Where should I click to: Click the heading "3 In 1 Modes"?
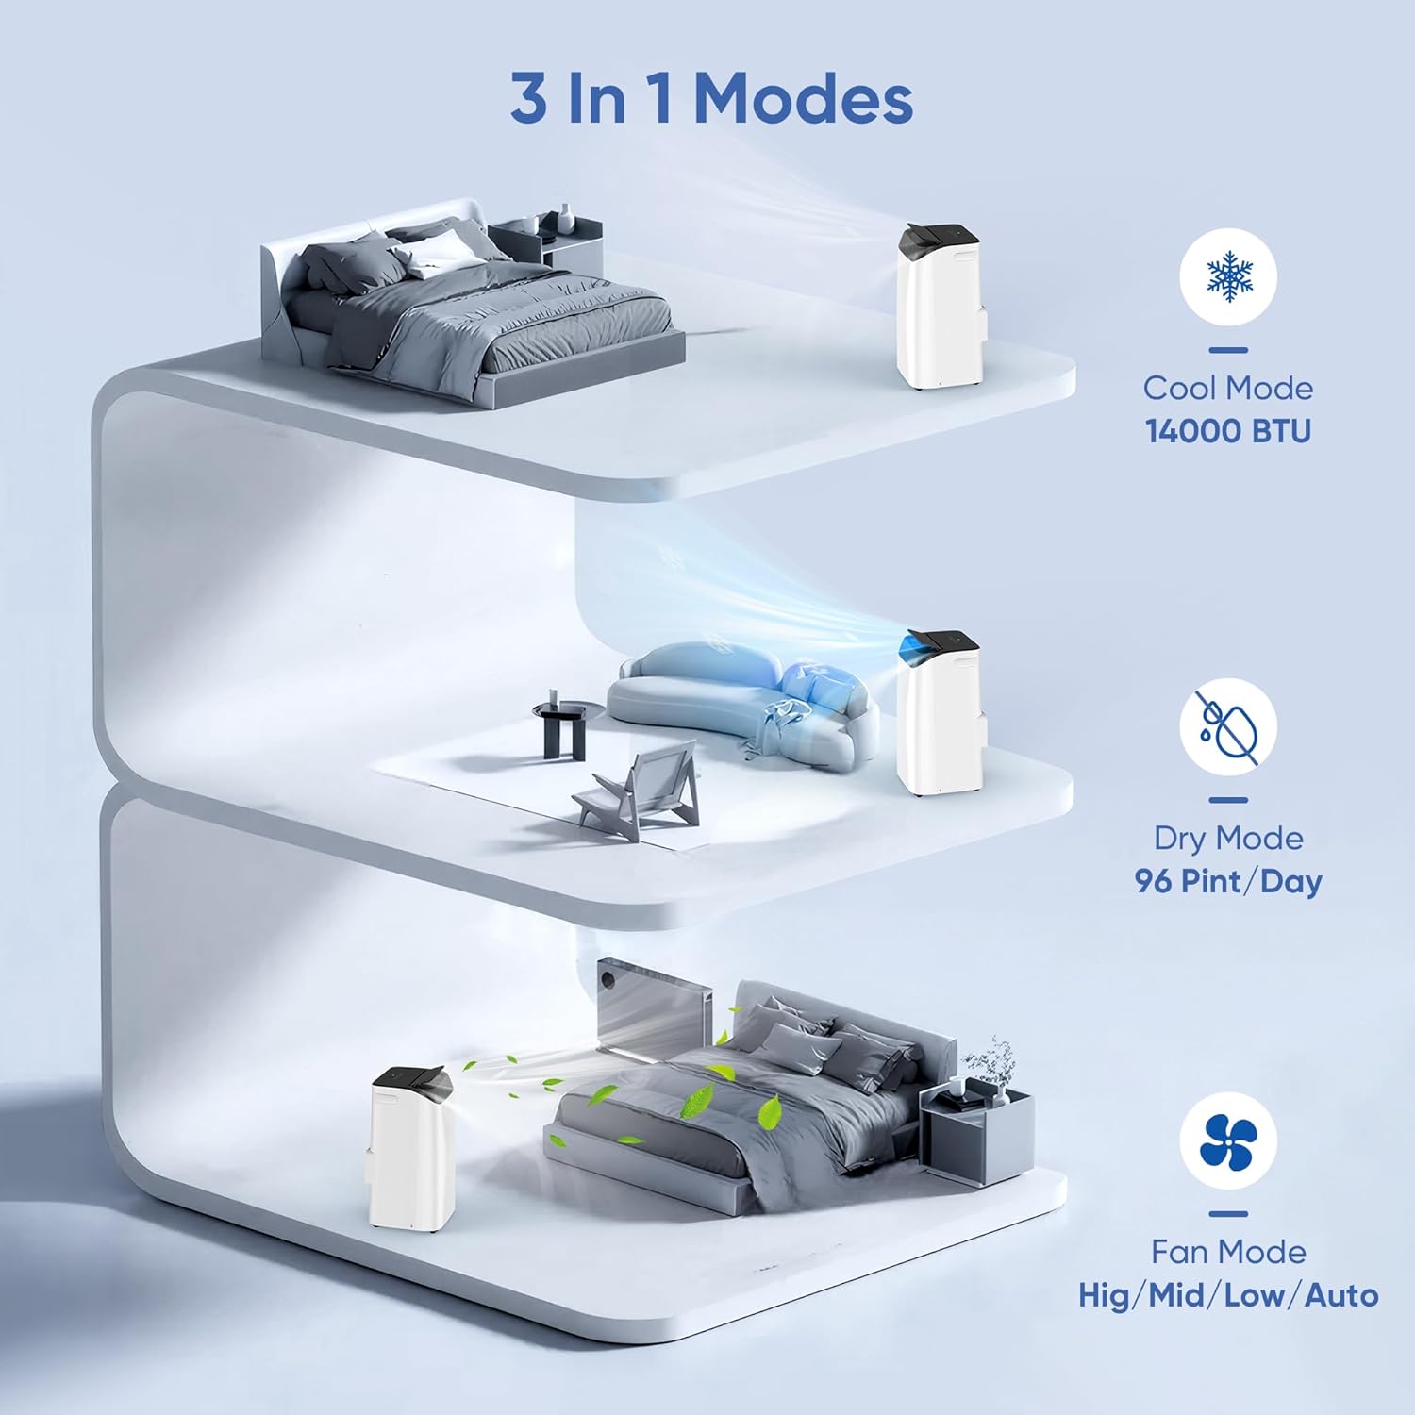711,99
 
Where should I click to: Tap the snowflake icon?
1228,277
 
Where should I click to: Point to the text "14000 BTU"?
1228,431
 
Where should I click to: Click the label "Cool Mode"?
1228,388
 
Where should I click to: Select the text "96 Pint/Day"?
1228,881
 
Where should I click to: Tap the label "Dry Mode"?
1228,838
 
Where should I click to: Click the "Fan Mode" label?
1228,1252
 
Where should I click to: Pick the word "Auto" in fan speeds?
1341,1295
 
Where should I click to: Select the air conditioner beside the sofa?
940,712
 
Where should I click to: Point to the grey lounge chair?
641,792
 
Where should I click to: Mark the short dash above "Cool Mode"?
1228,350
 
